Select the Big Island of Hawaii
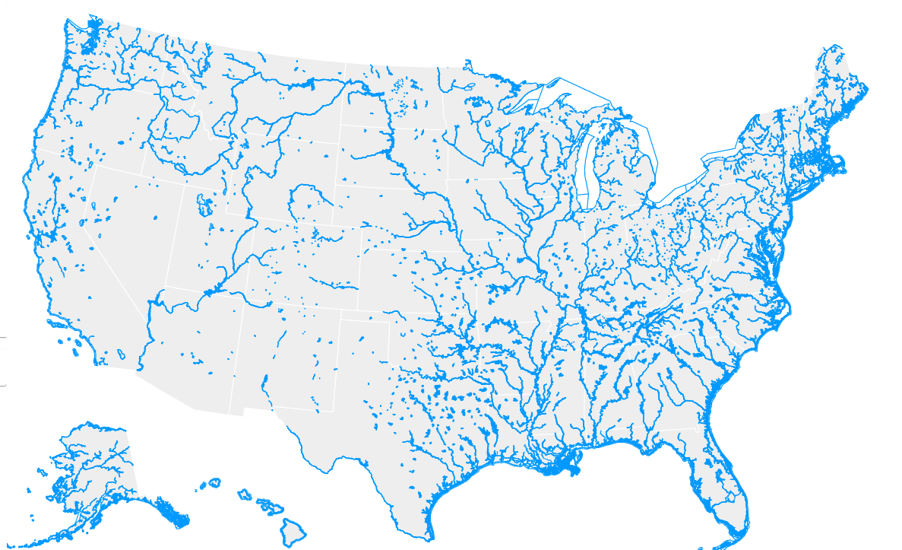[x=292, y=528]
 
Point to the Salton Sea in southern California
[x=121, y=354]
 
